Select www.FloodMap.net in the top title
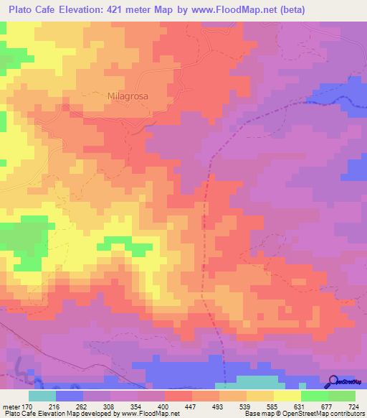coord(239,9)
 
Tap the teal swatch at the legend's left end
coord(42,396)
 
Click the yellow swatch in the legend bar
coord(287,396)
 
